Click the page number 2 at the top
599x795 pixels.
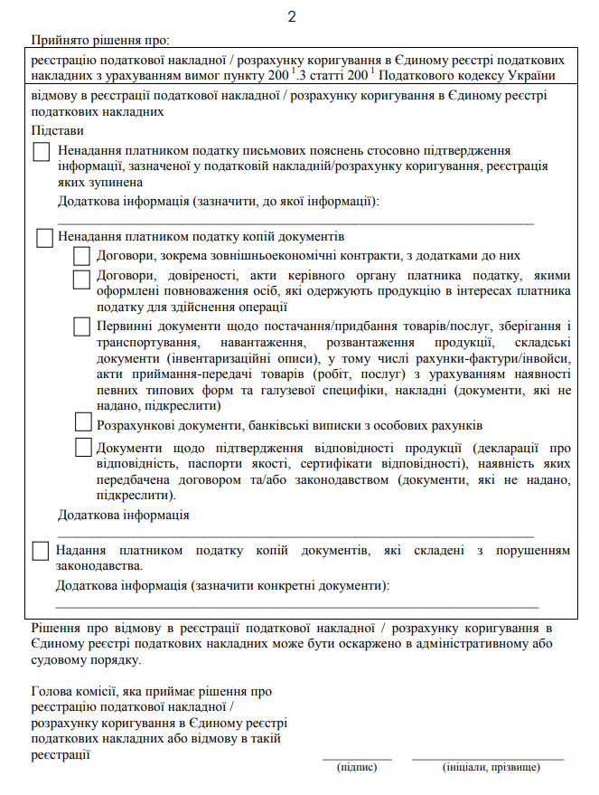[x=292, y=17]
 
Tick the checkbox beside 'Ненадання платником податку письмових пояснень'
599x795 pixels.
[x=42, y=153]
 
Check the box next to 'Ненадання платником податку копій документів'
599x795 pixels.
[x=45, y=238]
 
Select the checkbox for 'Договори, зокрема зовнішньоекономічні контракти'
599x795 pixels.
[x=82, y=257]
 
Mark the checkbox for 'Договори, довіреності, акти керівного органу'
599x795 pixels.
[x=82, y=279]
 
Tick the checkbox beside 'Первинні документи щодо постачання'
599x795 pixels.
[x=82, y=327]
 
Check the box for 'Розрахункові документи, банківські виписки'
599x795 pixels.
[x=82, y=421]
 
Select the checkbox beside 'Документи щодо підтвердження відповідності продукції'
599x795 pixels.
[x=82, y=446]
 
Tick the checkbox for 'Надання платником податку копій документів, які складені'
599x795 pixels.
[x=40, y=551]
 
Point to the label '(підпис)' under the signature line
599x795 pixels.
[x=357, y=768]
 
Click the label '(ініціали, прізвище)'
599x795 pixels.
[x=491, y=768]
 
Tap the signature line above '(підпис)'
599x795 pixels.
[x=357, y=759]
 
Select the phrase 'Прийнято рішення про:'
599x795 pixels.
[x=100, y=40]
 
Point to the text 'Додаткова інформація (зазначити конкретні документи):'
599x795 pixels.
[x=222, y=586]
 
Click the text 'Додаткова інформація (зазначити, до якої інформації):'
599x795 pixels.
[x=218, y=201]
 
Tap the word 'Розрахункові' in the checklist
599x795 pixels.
[x=135, y=424]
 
